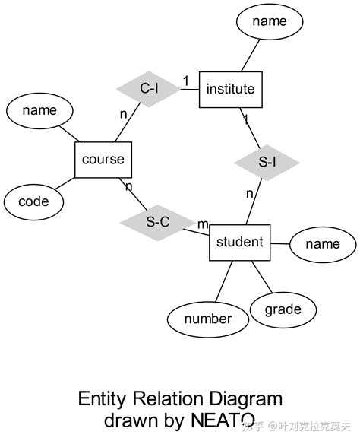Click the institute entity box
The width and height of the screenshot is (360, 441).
(231, 90)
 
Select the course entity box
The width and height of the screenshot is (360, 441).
(103, 160)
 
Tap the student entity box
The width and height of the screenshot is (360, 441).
(239, 243)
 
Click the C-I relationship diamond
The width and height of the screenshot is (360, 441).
(148, 90)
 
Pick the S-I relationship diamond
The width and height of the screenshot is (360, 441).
(267, 162)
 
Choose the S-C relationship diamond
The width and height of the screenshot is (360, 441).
(157, 222)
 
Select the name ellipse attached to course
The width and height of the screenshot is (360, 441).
(39, 111)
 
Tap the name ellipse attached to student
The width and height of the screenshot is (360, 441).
(322, 244)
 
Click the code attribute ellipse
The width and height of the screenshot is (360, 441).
(33, 201)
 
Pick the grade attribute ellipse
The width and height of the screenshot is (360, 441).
(283, 309)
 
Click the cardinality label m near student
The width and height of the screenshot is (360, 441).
(203, 224)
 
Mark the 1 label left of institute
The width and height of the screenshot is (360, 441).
(185, 80)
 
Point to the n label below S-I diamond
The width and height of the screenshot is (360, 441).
(249, 194)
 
